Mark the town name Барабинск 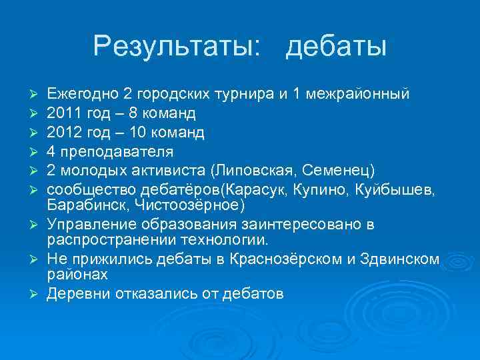tap(87, 203)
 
